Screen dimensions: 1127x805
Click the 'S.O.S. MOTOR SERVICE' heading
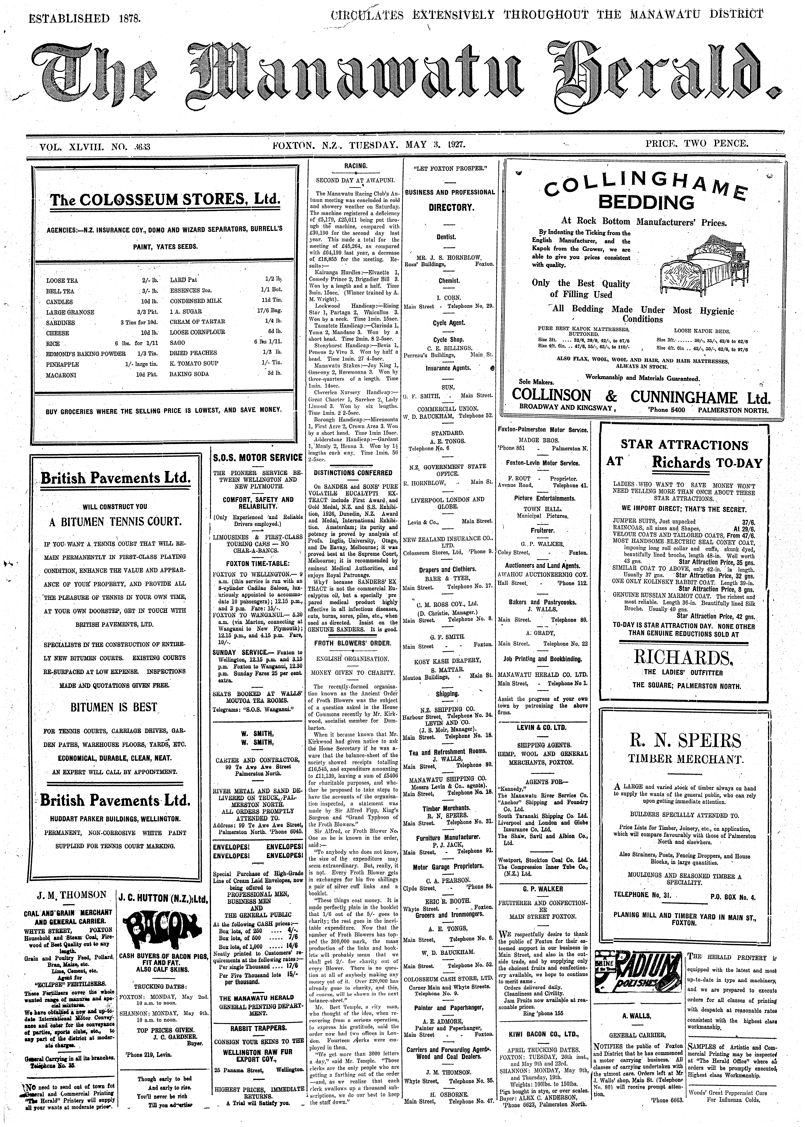pyautogui.click(x=257, y=457)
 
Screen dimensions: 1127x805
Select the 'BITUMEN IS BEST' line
pyautogui.click(x=113, y=707)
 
